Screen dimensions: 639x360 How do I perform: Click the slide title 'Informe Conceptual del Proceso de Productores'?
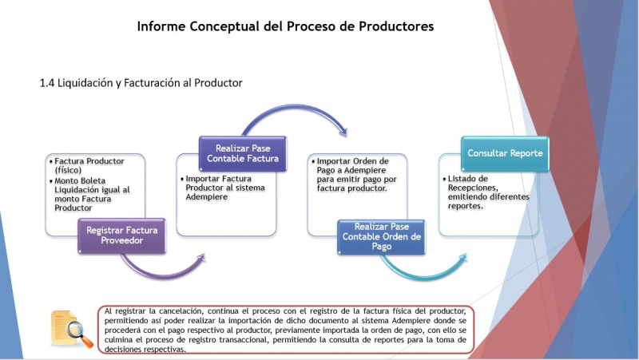coord(285,26)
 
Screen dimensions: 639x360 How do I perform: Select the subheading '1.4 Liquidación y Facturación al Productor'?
coord(141,83)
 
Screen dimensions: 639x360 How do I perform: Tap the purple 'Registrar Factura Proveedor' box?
coord(122,235)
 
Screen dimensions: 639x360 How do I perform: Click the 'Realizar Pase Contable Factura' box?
coord(243,153)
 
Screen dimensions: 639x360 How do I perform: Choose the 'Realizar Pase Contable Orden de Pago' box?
coord(382,236)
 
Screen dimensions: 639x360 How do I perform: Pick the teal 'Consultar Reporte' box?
coord(505,153)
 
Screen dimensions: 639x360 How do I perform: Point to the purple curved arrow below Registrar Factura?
coord(163,272)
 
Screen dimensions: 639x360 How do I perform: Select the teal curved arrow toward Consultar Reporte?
coord(424,274)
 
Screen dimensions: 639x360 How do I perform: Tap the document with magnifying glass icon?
coord(72,329)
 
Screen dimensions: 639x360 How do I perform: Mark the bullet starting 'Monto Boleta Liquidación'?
coord(89,194)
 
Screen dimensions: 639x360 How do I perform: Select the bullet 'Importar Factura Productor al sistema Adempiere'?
coord(223,188)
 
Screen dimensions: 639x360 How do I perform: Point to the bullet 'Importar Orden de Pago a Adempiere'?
coord(354,175)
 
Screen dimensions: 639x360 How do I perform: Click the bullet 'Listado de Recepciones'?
coord(486,192)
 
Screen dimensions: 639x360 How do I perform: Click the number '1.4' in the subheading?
coord(47,83)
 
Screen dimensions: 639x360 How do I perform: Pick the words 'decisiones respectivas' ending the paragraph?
coord(145,350)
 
